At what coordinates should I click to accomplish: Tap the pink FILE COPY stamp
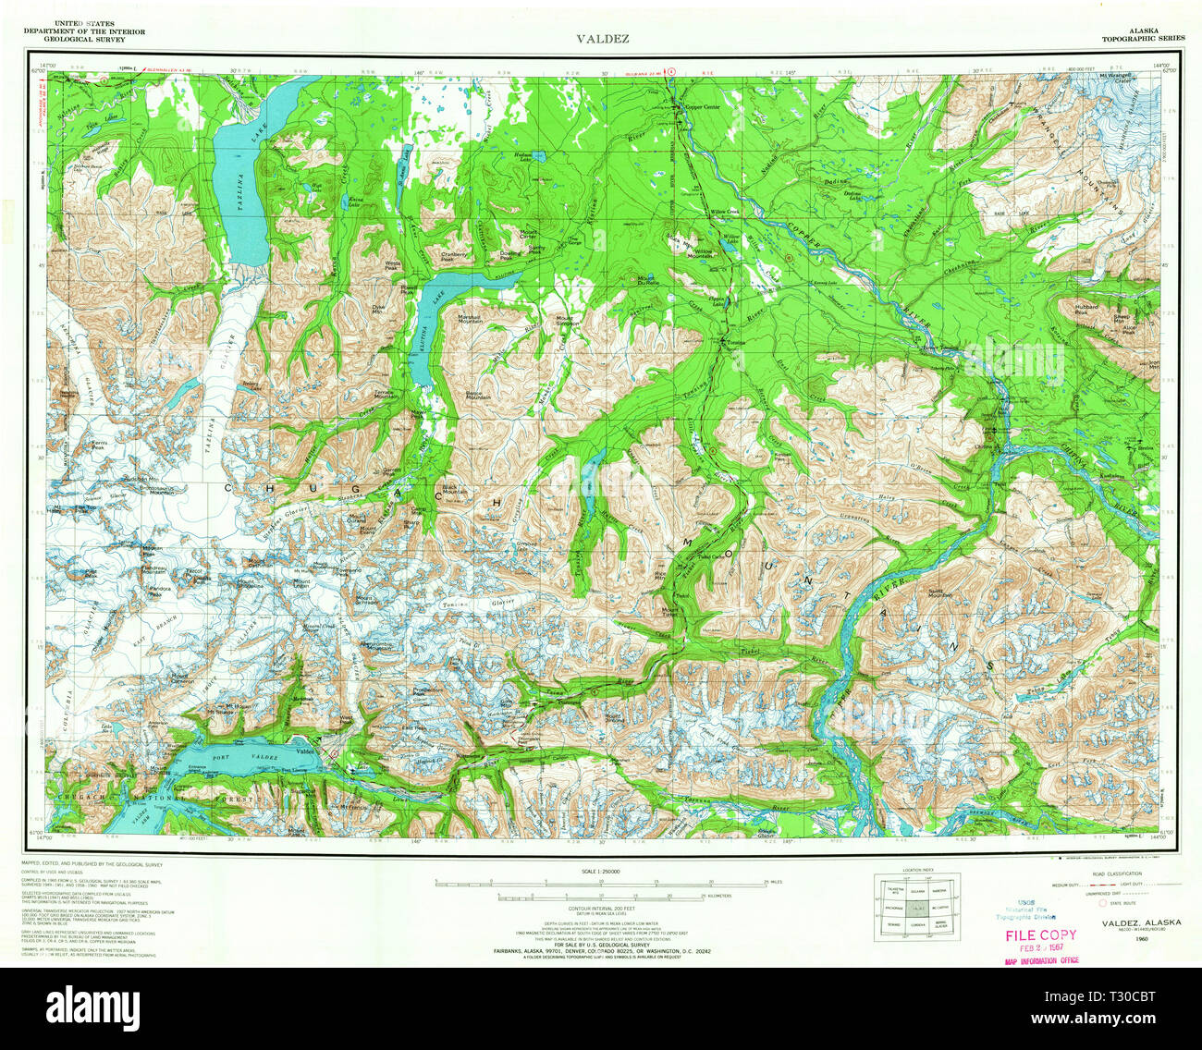coord(1040,934)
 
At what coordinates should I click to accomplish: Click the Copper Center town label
coord(701,107)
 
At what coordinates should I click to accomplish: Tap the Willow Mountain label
coord(707,253)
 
